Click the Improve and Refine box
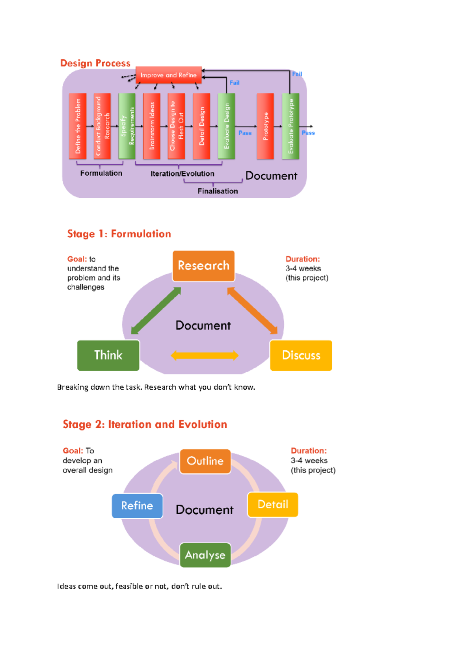[x=168, y=75]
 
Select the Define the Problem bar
[x=78, y=126]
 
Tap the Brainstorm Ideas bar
[x=152, y=126]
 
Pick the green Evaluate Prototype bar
[x=291, y=126]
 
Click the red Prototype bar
[x=265, y=126]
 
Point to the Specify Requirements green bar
[x=127, y=126]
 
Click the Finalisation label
[x=218, y=191]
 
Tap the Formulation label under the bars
[x=101, y=173]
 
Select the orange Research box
[x=203, y=266]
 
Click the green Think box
[x=108, y=355]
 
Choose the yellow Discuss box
[x=301, y=355]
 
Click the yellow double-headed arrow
[x=205, y=355]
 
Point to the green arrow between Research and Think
[x=156, y=311]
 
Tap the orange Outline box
[x=205, y=461]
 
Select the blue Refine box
[x=137, y=505]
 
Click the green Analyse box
[x=205, y=555]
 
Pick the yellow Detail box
[x=273, y=504]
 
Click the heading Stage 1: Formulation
[x=119, y=234]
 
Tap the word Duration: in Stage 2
[x=309, y=451]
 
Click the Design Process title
[x=95, y=63]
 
